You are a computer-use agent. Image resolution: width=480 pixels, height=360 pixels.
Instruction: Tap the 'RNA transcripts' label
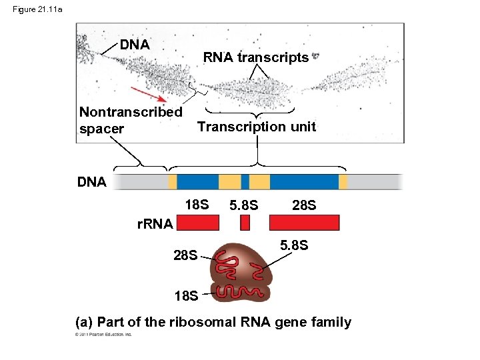[x=256, y=57]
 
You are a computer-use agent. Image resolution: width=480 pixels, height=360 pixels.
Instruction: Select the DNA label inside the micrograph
[x=135, y=45]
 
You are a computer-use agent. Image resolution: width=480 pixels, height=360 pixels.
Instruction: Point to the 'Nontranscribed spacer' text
[x=130, y=120]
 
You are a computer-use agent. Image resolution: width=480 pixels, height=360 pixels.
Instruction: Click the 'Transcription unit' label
[x=257, y=127]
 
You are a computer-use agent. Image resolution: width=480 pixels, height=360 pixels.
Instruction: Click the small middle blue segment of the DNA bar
[x=245, y=182]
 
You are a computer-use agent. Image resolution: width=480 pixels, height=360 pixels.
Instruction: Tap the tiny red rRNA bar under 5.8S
[x=245, y=223]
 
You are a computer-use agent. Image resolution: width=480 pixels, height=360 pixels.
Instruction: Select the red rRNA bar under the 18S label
[x=197, y=223]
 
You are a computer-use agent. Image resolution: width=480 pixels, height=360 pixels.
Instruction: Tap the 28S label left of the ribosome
[x=185, y=255]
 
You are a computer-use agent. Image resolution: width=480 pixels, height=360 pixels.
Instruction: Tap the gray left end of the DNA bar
[x=139, y=182]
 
